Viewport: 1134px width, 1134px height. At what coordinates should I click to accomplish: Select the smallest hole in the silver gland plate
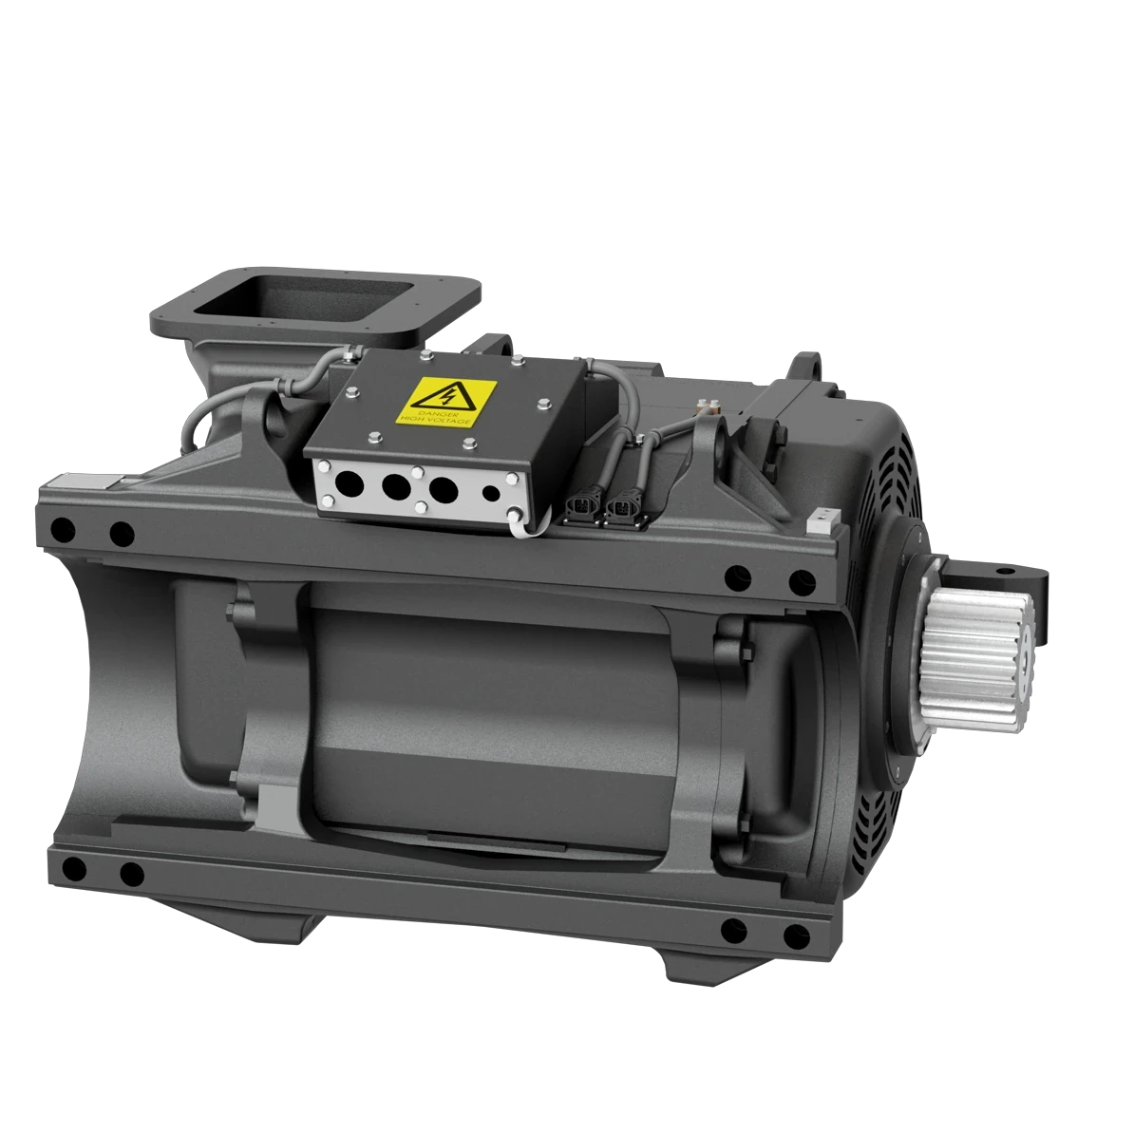point(491,493)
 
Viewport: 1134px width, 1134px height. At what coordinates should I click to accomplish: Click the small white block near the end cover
point(821,519)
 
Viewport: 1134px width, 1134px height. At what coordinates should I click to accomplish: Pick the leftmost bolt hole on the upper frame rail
point(62,527)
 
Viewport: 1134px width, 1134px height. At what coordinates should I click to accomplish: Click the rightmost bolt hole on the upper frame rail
point(801,579)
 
